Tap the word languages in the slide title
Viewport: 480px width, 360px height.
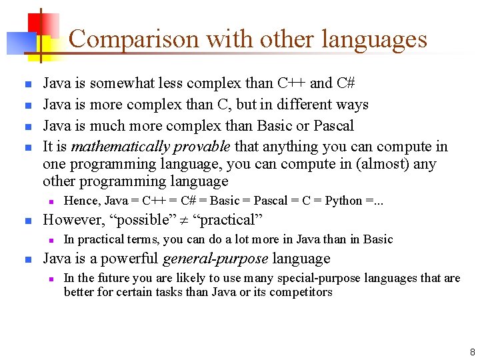click(x=373, y=39)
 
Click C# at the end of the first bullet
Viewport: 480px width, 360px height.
click(x=345, y=83)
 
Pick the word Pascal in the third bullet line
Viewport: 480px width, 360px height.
click(x=331, y=126)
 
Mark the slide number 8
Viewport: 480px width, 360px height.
click(x=472, y=351)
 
